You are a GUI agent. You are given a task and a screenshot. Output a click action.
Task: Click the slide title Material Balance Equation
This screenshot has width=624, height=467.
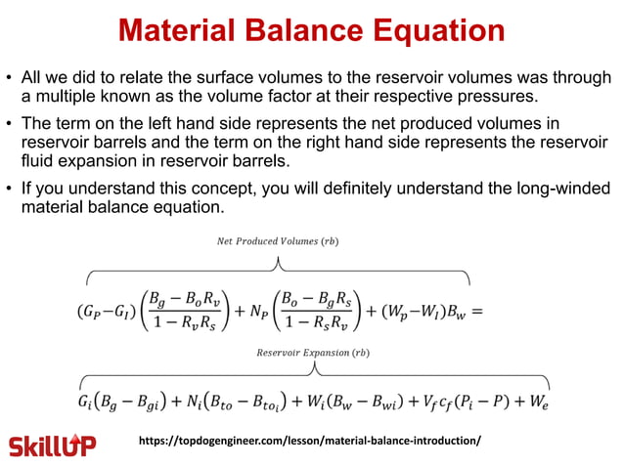click(312, 29)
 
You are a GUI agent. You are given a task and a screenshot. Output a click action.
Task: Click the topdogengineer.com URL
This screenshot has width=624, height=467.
click(312, 441)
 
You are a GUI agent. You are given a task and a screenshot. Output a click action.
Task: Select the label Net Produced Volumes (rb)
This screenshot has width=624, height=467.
click(280, 240)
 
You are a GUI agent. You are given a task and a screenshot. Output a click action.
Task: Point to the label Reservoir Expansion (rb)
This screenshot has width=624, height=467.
click(314, 350)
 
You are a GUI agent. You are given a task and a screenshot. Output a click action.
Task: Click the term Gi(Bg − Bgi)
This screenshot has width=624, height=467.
click(126, 401)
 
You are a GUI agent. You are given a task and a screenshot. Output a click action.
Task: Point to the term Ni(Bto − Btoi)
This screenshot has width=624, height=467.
click(249, 401)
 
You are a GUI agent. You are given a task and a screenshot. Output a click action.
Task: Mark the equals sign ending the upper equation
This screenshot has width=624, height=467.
click(477, 312)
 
